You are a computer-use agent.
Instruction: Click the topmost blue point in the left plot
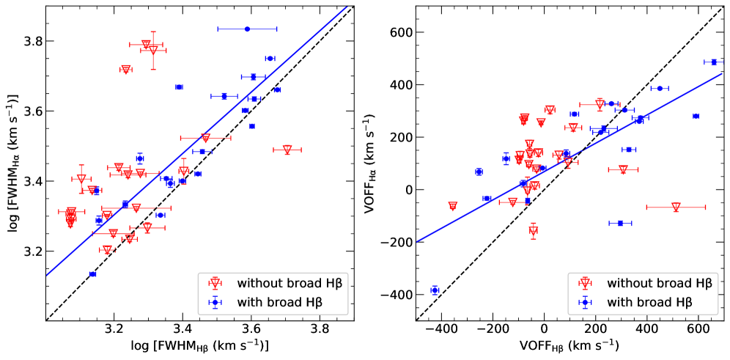(x=247, y=29)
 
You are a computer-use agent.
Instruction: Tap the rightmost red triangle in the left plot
(x=287, y=150)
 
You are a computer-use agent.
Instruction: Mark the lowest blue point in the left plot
(x=92, y=274)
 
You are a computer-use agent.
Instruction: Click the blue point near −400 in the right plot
(x=435, y=290)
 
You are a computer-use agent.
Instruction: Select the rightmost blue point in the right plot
(x=714, y=62)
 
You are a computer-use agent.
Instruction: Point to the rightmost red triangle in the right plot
(x=676, y=207)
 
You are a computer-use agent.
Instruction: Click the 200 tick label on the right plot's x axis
(x=595, y=331)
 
